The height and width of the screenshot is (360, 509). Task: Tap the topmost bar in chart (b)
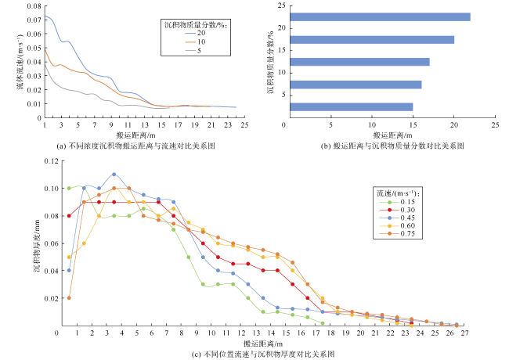[380, 16]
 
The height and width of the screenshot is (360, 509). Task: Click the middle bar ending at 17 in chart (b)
[359, 62]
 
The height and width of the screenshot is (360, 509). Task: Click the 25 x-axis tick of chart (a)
[244, 125]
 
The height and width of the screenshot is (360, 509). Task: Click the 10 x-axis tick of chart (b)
[371, 125]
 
